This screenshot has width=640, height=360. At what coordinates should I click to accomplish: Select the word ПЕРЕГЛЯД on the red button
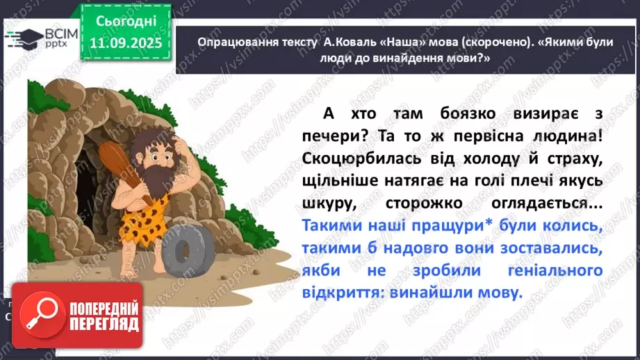coord(104,324)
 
